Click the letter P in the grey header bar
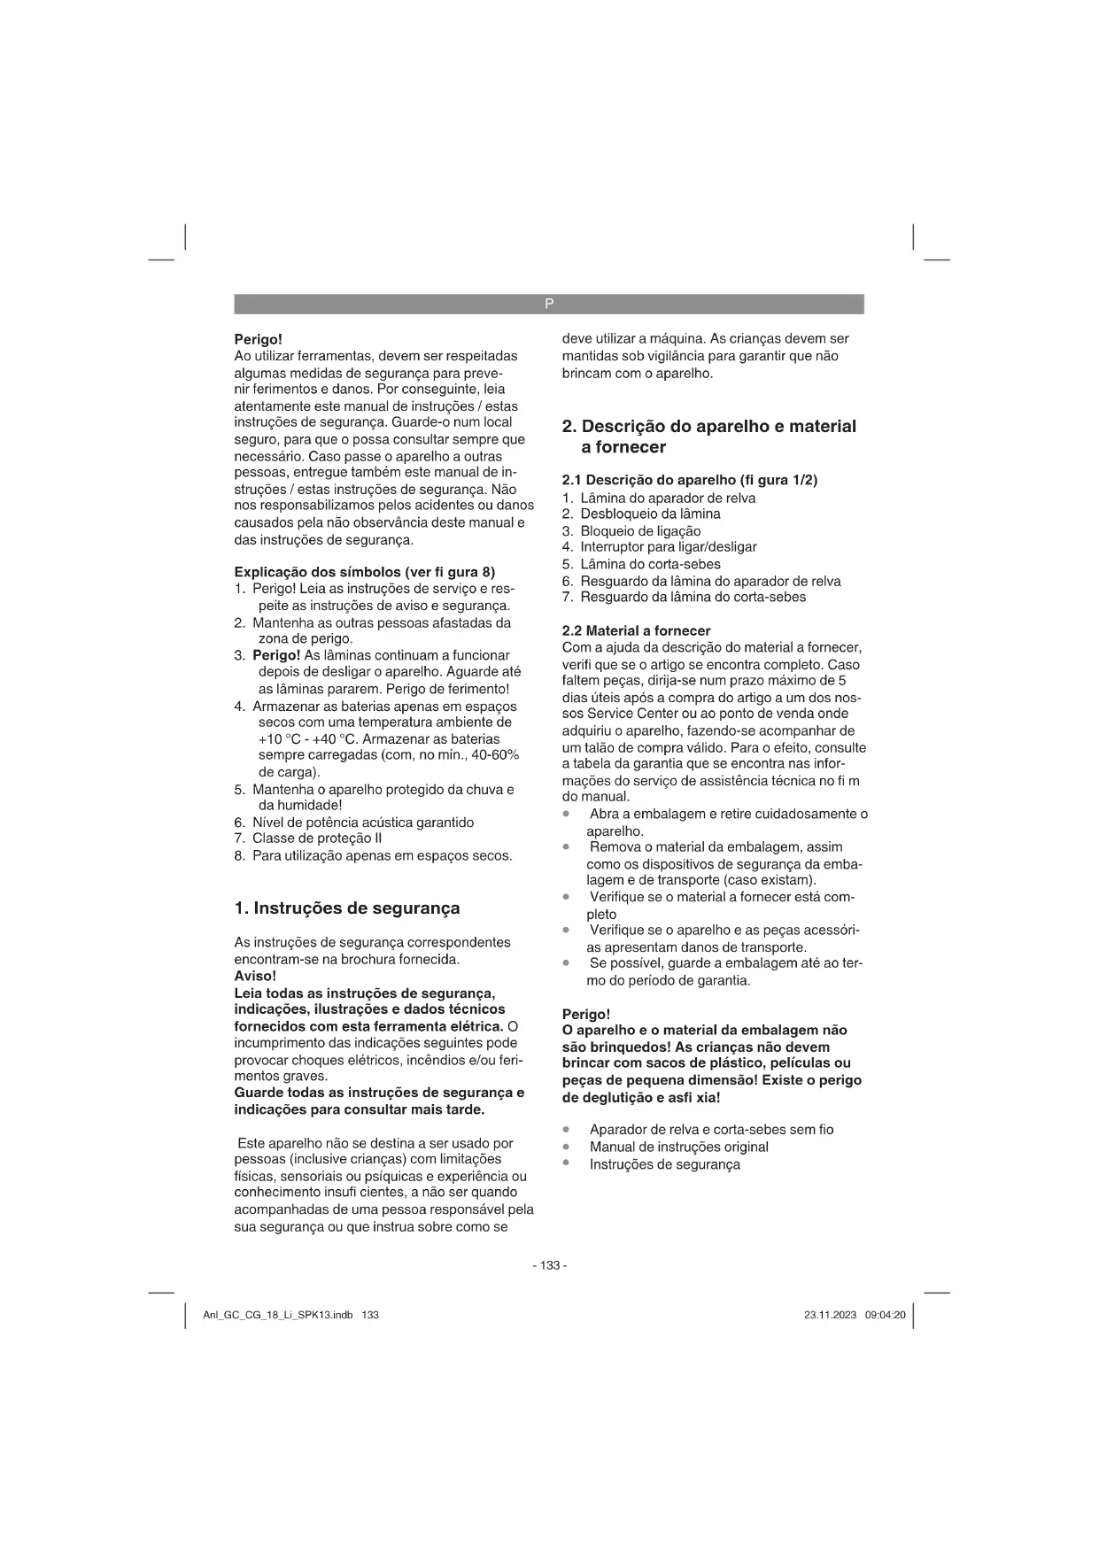click(x=549, y=304)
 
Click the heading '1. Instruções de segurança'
click(x=347, y=908)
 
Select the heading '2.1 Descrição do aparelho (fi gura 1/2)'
click(x=690, y=480)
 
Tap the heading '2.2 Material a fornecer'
click(x=636, y=630)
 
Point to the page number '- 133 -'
click(x=549, y=1265)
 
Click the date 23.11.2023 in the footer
click(x=830, y=1315)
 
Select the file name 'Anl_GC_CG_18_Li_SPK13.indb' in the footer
click(x=278, y=1315)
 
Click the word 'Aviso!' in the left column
click(x=255, y=976)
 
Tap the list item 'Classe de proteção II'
click(x=317, y=838)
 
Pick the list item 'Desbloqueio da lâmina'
click(x=650, y=514)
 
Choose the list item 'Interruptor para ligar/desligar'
click(x=668, y=547)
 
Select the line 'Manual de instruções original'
click(x=678, y=1147)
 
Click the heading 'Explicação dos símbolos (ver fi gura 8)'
click(x=364, y=572)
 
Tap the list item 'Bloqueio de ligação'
click(x=640, y=530)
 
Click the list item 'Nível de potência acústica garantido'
click(x=363, y=823)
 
